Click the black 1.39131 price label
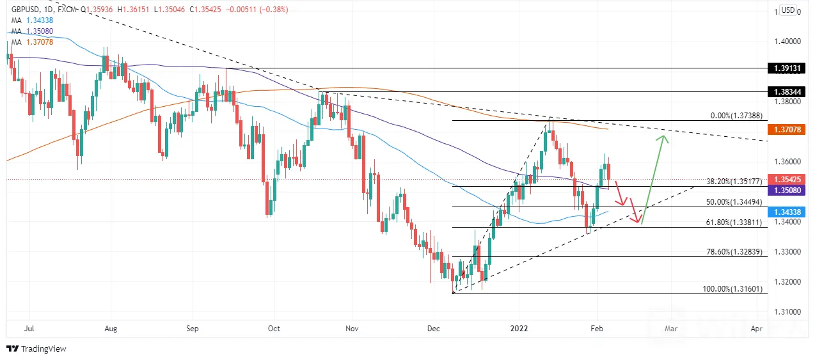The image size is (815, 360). point(786,68)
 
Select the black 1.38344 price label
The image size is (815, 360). point(786,91)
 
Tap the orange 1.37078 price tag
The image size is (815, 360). point(786,129)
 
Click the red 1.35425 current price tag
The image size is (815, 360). point(786,179)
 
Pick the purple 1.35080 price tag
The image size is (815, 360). point(786,190)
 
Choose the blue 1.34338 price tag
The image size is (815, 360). point(786,212)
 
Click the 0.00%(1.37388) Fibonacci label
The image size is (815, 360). point(736,116)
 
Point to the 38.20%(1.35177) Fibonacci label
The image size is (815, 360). point(734,182)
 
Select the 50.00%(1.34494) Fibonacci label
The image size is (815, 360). point(734,202)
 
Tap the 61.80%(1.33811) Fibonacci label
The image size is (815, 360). point(734,222)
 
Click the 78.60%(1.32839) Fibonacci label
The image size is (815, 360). point(734,252)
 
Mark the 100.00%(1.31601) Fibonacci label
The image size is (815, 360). point(732,289)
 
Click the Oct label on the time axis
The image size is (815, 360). point(274,329)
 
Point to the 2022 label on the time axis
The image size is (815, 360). point(519,329)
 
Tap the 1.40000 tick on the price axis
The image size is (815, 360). point(787,42)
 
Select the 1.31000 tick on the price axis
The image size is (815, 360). point(787,311)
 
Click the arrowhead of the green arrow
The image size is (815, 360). point(664,137)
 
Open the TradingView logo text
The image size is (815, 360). point(44,348)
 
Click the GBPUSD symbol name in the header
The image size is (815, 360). point(25,10)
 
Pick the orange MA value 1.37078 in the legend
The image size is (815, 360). point(40,42)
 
